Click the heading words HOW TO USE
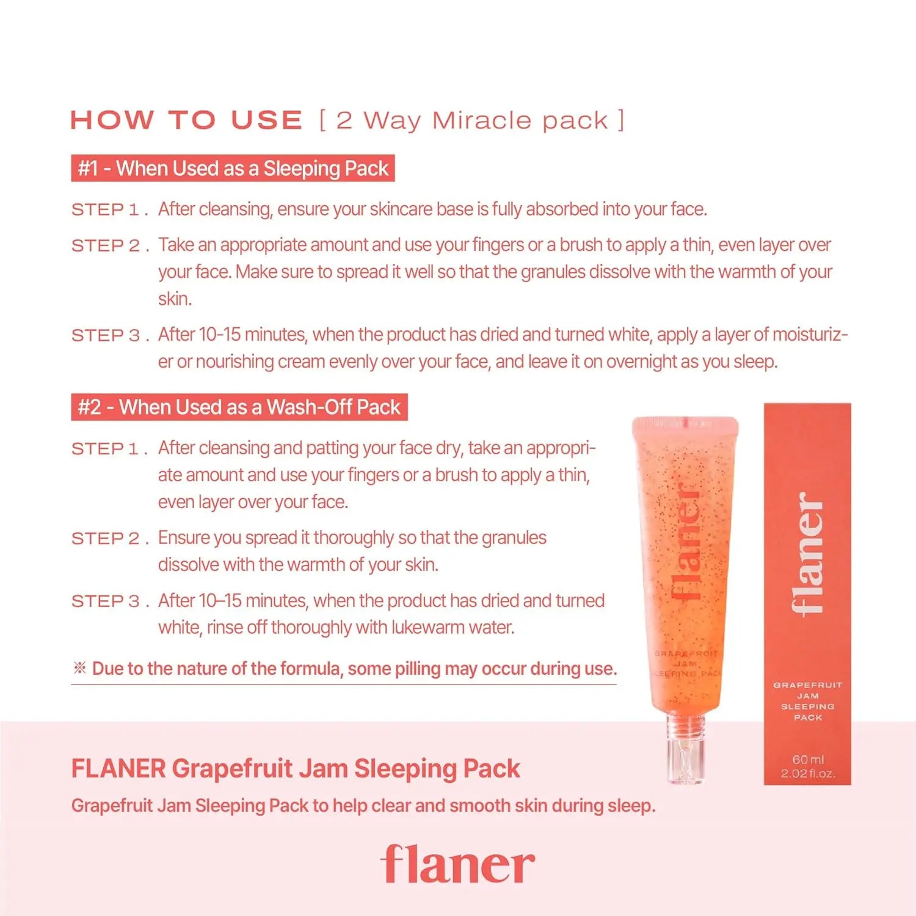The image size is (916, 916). tap(186, 120)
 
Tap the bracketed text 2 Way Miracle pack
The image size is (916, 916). tap(472, 120)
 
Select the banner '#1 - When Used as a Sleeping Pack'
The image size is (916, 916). tap(233, 168)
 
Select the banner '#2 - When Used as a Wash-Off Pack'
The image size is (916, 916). tap(239, 407)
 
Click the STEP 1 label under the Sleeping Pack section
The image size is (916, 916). tap(110, 210)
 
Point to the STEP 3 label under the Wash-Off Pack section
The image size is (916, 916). tap(110, 602)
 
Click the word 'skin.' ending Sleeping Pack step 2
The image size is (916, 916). tap(175, 299)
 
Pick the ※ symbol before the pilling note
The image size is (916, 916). tap(79, 667)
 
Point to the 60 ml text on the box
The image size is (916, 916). tap(808, 759)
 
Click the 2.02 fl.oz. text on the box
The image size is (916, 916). tap(808, 774)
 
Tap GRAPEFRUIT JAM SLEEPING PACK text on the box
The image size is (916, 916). tap(808, 701)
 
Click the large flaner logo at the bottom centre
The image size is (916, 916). tap(457, 864)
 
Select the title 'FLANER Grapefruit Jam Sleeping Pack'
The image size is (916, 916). tap(296, 769)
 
